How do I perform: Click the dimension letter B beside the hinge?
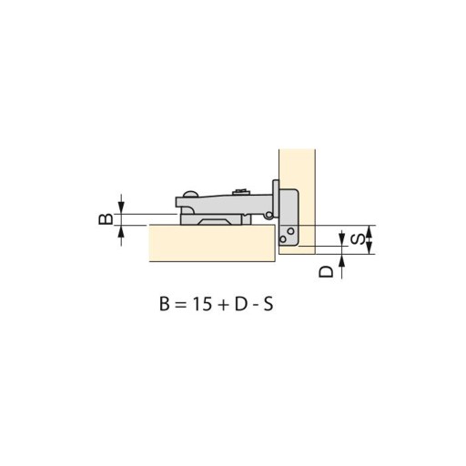[x=106, y=219]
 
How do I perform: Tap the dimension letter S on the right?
[x=358, y=239]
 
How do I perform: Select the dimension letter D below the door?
[x=326, y=272]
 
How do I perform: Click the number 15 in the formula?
[x=202, y=304]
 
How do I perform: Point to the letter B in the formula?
[x=164, y=304]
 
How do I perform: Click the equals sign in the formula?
[x=180, y=305]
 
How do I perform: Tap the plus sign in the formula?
[x=223, y=305]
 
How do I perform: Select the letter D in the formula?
[x=241, y=304]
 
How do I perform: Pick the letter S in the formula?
[x=268, y=304]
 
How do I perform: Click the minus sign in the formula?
[x=255, y=306]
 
